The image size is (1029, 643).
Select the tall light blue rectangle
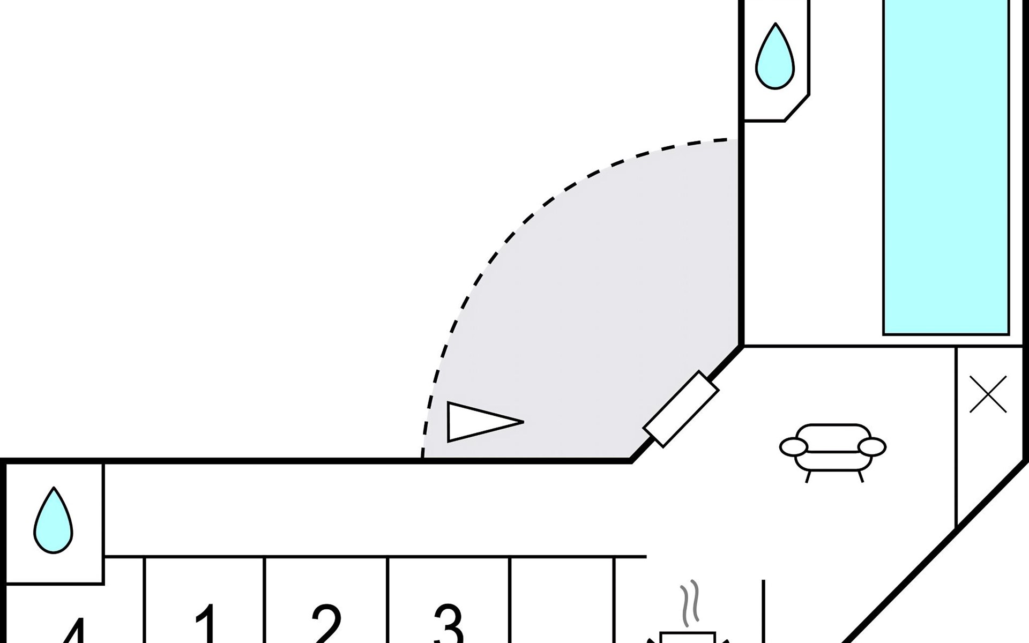click(946, 166)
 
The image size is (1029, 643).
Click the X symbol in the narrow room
click(988, 394)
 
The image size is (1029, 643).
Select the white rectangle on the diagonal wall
click(681, 408)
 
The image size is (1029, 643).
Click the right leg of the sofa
click(861, 476)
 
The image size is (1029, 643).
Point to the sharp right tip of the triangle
click(521, 422)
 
